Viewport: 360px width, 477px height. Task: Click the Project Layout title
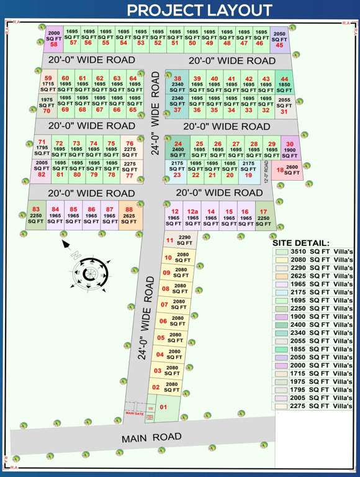(x=199, y=10)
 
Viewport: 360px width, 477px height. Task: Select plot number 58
(x=54, y=39)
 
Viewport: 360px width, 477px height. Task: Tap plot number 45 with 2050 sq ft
(x=280, y=39)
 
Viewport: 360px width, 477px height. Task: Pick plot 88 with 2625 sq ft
(x=129, y=216)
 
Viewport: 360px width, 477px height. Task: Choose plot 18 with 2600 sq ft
(x=287, y=170)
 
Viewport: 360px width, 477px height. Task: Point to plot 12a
(x=193, y=216)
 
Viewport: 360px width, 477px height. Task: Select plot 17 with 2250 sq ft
(x=264, y=216)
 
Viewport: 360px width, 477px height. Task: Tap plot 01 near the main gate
(x=164, y=409)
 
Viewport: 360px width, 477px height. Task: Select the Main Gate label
(x=134, y=412)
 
